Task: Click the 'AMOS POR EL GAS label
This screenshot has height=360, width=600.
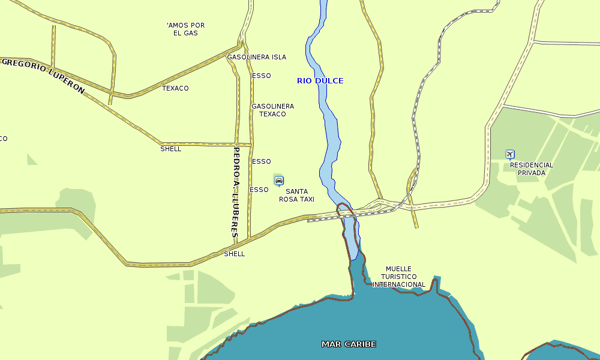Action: (x=185, y=29)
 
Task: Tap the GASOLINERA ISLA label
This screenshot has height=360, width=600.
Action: (x=256, y=57)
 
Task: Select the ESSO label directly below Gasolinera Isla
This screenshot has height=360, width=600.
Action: (x=262, y=76)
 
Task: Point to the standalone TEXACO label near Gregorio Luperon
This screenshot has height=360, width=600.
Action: (x=175, y=88)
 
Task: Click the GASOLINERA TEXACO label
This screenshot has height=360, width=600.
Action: (x=272, y=110)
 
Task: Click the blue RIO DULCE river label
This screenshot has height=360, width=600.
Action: (x=320, y=80)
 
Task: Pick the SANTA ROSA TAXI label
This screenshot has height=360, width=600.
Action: (x=296, y=195)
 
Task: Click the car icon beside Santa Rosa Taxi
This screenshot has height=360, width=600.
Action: (x=278, y=180)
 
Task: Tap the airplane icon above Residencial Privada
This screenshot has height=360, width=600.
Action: (x=510, y=154)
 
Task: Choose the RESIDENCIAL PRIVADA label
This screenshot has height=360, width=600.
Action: (x=532, y=169)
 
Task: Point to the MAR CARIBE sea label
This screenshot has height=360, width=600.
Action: (x=349, y=344)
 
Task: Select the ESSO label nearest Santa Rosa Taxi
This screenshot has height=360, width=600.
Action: (x=259, y=190)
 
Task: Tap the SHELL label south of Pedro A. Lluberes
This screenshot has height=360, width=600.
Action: (x=234, y=254)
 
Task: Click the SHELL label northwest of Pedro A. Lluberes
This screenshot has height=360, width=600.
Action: (x=171, y=149)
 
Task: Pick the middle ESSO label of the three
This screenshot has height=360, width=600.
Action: (x=262, y=161)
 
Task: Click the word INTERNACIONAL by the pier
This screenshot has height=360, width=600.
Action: (x=398, y=284)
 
